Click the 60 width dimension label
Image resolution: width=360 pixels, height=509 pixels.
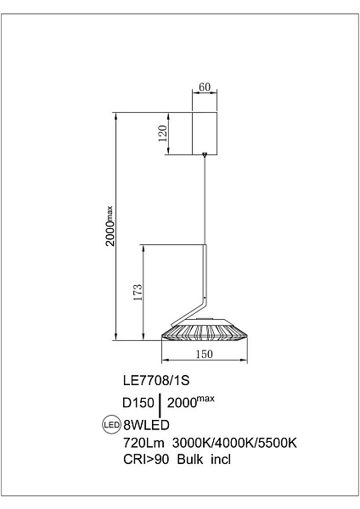click(x=205, y=87)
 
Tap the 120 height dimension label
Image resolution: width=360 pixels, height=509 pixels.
click(x=163, y=133)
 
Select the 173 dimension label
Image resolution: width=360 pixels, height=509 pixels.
click(x=138, y=292)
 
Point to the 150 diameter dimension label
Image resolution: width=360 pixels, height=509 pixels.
click(x=204, y=354)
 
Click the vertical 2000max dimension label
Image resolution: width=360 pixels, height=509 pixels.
click(x=110, y=226)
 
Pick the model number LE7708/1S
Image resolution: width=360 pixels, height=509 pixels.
click(x=156, y=380)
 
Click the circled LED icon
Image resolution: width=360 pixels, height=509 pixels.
click(x=112, y=425)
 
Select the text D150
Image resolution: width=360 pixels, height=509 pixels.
click(x=138, y=403)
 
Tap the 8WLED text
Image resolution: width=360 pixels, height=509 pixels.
click(x=146, y=425)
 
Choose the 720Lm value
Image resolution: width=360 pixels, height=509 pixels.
click(x=143, y=443)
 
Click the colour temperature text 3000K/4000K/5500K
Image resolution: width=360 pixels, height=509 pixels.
click(x=234, y=443)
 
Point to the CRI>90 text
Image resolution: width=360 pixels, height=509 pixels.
click(x=146, y=459)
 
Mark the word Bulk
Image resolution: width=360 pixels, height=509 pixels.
click(x=190, y=459)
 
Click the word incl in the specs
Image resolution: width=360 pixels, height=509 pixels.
click(x=221, y=459)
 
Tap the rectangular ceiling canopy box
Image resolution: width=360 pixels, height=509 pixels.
click(x=205, y=133)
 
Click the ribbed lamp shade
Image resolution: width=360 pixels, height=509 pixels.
click(x=205, y=331)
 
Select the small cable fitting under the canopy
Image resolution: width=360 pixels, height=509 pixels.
click(x=205, y=155)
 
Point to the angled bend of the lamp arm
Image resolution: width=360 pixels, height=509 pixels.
click(x=204, y=302)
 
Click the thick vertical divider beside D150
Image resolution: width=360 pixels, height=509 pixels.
click(x=160, y=406)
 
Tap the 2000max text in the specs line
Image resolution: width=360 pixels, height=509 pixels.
click(x=191, y=402)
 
